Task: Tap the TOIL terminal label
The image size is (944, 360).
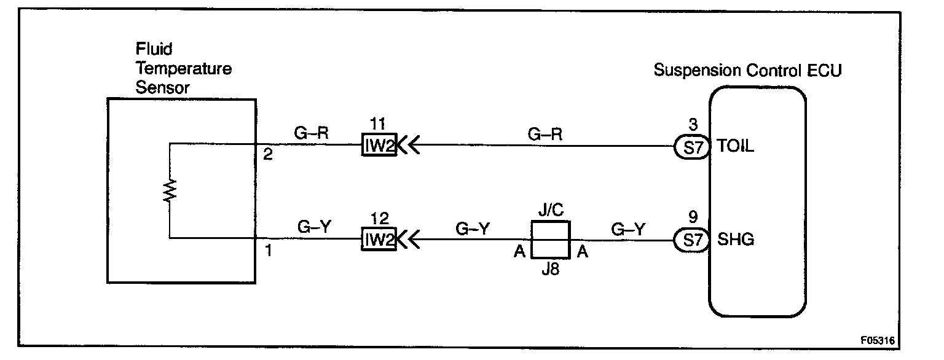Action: tap(736, 147)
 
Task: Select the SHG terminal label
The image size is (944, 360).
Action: tap(736, 240)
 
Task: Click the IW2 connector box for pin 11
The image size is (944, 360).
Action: tap(378, 147)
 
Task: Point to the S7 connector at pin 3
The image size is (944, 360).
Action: tap(693, 147)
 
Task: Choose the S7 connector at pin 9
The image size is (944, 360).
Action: tap(693, 240)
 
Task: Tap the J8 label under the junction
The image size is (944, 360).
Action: tap(551, 269)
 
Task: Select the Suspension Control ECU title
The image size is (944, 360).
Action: tap(747, 70)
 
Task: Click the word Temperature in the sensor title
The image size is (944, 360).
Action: tap(184, 68)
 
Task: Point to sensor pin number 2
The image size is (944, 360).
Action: tap(267, 154)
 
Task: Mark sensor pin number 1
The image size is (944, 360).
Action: tap(267, 251)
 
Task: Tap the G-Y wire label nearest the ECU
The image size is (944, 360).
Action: tap(628, 229)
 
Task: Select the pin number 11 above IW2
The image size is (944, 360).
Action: tap(377, 125)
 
